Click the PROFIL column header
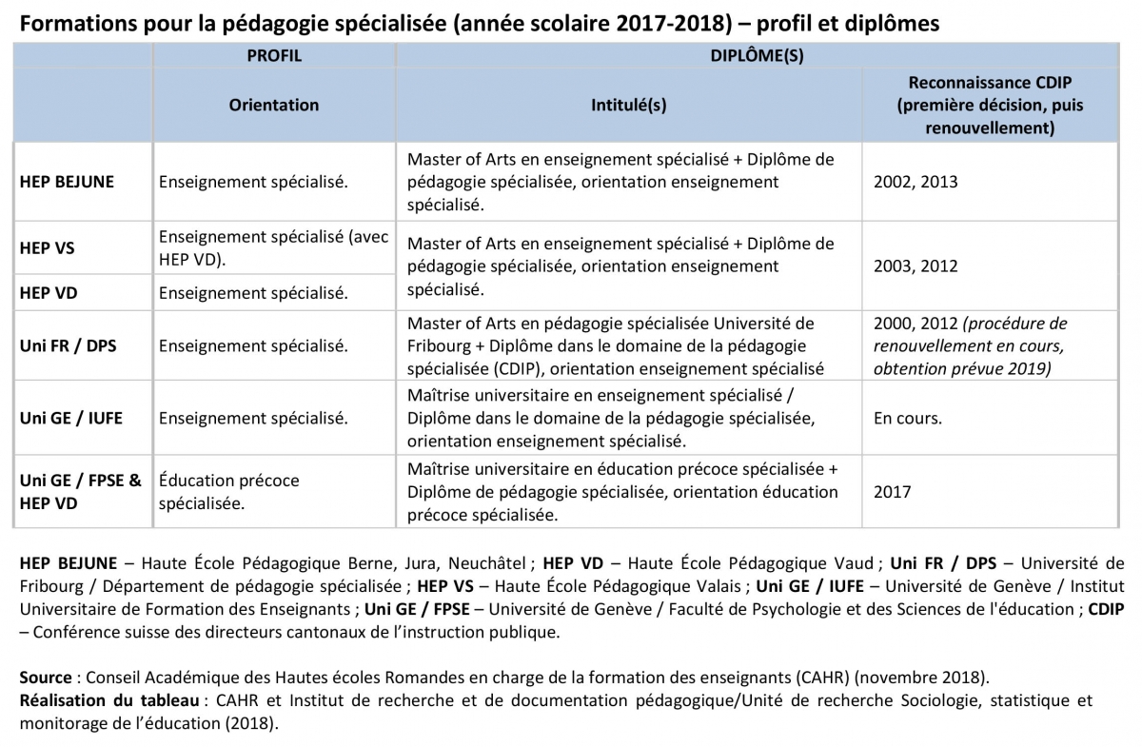[x=274, y=56]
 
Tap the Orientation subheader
[x=274, y=105]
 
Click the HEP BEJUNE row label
[x=67, y=182]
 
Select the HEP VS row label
[x=47, y=248]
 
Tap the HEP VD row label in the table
[x=49, y=293]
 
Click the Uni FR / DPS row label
[x=68, y=345]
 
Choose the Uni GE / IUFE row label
[x=70, y=418]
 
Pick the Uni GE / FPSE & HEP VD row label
[x=80, y=491]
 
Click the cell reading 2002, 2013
[x=916, y=182]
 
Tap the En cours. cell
[x=908, y=418]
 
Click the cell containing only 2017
[x=892, y=492]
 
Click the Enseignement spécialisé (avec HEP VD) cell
[x=273, y=248]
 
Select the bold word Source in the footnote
[x=45, y=678]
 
